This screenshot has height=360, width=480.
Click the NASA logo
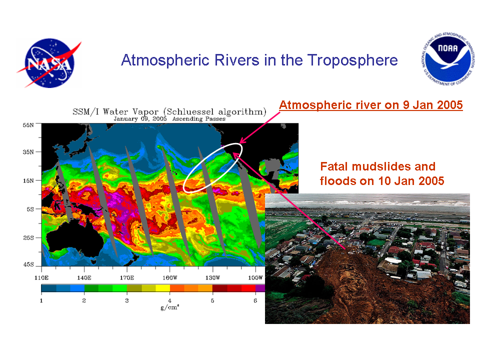pyautogui.click(x=49, y=63)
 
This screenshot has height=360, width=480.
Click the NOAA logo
pyautogui.click(x=447, y=59)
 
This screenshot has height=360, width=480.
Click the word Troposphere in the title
pyautogui.click(x=352, y=60)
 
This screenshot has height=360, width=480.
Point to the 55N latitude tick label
pyautogui.click(x=28, y=125)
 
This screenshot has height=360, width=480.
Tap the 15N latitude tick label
pyautogui.click(x=28, y=180)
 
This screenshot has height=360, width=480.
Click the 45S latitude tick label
pyautogui.click(x=28, y=264)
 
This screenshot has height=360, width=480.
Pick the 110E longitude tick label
pyautogui.click(x=41, y=277)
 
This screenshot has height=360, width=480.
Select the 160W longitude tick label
pyautogui.click(x=169, y=277)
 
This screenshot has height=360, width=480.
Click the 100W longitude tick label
pyautogui.click(x=255, y=277)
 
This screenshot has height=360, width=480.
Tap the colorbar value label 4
pyautogui.click(x=169, y=300)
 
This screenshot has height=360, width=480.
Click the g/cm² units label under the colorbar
pyautogui.click(x=170, y=307)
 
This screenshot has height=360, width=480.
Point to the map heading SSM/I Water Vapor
pyautogui.click(x=115, y=111)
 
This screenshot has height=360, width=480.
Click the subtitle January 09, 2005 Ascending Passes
pyautogui.click(x=169, y=119)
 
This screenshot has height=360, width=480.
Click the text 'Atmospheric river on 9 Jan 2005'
pyautogui.click(x=370, y=105)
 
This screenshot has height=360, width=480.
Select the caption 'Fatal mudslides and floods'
pyautogui.click(x=382, y=173)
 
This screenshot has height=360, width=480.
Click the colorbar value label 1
pyautogui.click(x=41, y=300)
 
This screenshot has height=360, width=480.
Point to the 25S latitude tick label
pyautogui.click(x=28, y=237)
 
